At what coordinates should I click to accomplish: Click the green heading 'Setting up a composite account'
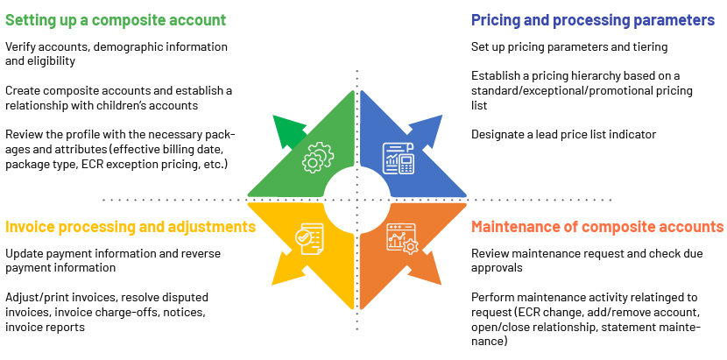[x=116, y=20]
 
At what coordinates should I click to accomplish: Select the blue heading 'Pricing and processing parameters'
[x=593, y=20]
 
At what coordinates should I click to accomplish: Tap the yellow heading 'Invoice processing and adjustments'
[x=131, y=226]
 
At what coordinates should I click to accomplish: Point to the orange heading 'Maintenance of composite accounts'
[x=597, y=226]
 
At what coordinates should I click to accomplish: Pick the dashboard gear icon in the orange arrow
[x=401, y=238]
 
